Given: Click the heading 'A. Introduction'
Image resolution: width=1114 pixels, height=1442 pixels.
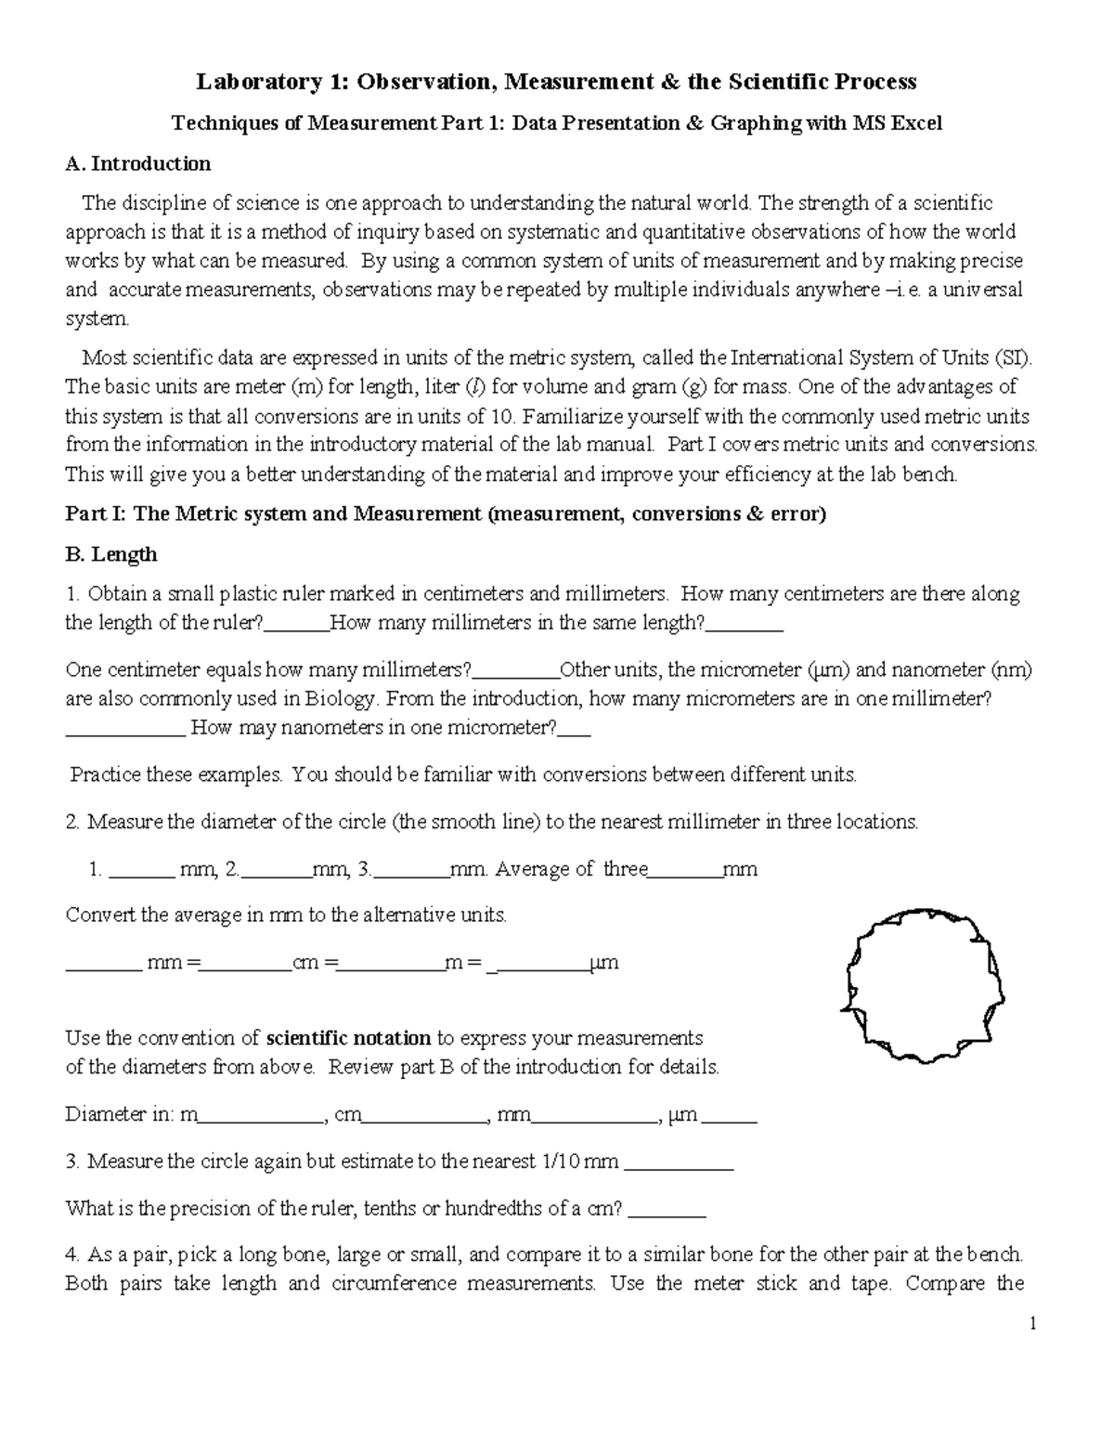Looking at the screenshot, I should (x=138, y=164).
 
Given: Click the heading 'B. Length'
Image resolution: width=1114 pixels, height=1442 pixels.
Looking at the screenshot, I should (x=110, y=554).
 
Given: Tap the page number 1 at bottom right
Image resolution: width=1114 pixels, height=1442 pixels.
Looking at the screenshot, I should (x=1031, y=1323).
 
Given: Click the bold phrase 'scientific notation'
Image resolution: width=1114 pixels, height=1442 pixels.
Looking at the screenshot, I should (x=348, y=1038).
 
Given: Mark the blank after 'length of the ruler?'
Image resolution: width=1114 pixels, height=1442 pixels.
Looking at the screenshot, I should (x=297, y=624).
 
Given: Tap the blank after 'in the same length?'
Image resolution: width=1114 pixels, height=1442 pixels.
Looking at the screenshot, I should (x=745, y=624).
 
